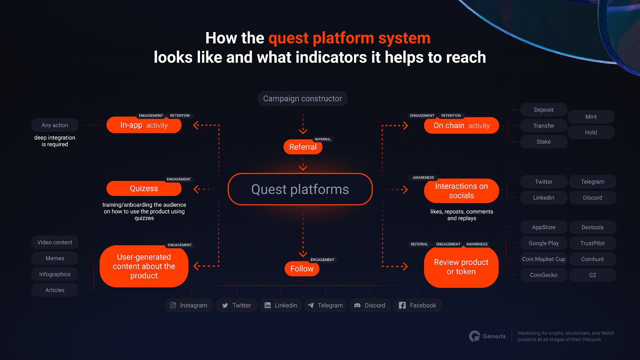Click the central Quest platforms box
(x=300, y=189)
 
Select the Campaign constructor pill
(x=302, y=99)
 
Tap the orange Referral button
(x=303, y=147)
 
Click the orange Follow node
(x=302, y=269)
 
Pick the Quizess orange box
(x=144, y=188)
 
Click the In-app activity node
(x=144, y=125)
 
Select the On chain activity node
(x=461, y=126)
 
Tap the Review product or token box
(x=461, y=267)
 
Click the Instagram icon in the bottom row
(x=173, y=305)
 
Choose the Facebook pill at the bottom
(x=418, y=305)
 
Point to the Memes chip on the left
(x=55, y=258)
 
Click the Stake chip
(x=544, y=142)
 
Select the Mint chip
(x=591, y=117)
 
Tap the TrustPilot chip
(x=592, y=243)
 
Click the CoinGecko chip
(x=544, y=275)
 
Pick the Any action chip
(x=55, y=125)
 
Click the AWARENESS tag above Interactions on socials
(x=423, y=178)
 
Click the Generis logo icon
(x=474, y=336)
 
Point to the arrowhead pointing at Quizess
(x=196, y=189)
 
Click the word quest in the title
(x=288, y=39)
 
